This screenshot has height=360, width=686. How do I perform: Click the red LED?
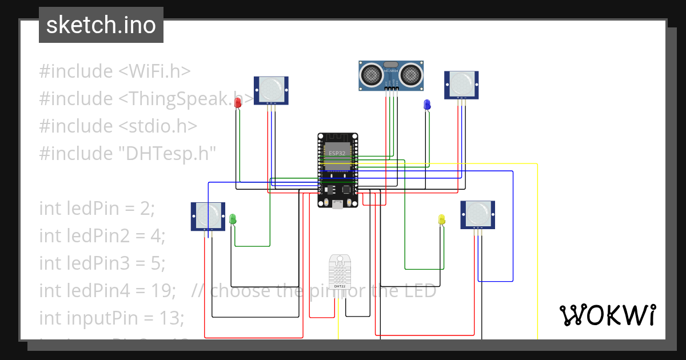click(238, 101)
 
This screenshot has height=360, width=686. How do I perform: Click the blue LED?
click(426, 105)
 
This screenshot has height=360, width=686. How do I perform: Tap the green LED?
click(233, 218)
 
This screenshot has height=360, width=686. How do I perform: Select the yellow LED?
click(441, 219)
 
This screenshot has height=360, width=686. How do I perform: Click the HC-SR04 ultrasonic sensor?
click(392, 75)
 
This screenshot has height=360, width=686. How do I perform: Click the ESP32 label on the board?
click(337, 153)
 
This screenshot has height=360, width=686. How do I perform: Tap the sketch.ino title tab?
click(101, 25)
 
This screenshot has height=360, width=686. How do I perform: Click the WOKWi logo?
click(607, 315)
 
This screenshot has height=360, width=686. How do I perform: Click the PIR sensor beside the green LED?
click(208, 216)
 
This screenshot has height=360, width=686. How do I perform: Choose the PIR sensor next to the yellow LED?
click(478, 214)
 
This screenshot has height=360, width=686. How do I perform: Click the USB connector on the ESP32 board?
click(338, 203)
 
